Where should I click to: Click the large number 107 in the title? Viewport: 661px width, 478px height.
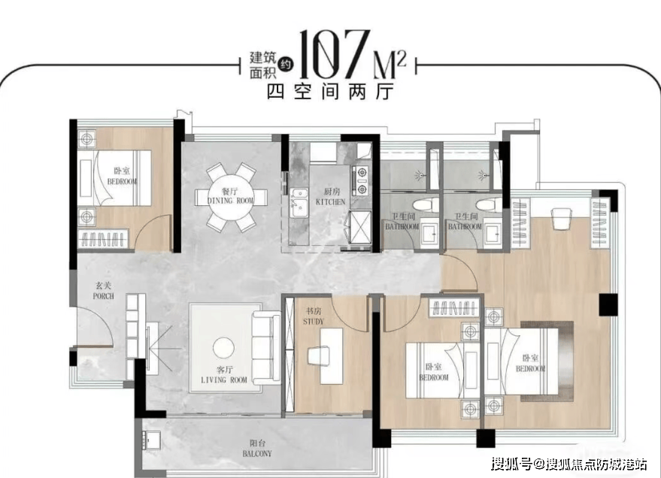point(335,54)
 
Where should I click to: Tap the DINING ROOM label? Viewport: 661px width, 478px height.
point(231,201)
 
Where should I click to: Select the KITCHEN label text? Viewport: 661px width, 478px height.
point(331,201)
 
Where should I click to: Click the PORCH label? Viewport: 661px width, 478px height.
point(103,296)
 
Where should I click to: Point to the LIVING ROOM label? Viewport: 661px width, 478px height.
point(224,380)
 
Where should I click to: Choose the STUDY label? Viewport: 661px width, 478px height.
point(314,322)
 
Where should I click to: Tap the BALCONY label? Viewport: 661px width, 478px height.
point(257,453)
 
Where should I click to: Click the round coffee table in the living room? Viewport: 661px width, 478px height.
point(224,348)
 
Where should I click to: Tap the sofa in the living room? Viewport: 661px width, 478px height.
point(266,347)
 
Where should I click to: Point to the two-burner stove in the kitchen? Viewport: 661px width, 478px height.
point(361,180)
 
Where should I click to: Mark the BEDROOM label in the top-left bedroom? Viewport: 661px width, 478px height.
point(122,182)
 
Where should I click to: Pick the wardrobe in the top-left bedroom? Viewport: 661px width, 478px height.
point(103,239)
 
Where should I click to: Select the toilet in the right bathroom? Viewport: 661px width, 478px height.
point(490,207)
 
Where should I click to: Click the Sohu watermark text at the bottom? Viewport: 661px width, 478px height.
point(570,464)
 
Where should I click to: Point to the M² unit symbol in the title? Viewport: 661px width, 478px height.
point(390,65)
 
